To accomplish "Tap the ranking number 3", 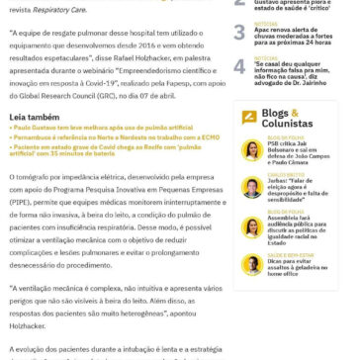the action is click(240, 33).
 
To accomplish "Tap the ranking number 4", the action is click(240, 67).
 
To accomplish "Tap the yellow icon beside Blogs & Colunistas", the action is click(249, 117).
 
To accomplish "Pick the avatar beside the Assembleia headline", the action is click(252, 226).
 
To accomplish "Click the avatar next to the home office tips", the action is click(252, 264).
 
